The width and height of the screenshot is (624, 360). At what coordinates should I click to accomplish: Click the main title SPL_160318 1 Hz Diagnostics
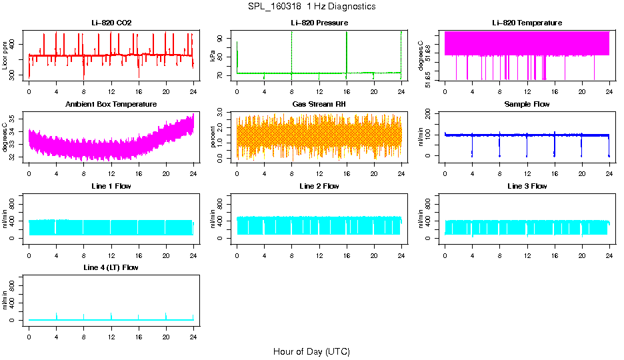tap(311, 7)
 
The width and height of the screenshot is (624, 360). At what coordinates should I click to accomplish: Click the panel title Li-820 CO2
tap(111, 23)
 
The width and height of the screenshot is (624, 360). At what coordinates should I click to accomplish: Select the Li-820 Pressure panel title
tap(319, 23)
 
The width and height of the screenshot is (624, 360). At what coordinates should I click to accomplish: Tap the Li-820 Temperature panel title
tap(527, 23)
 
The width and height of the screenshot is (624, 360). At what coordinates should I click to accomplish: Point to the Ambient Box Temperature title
tap(111, 105)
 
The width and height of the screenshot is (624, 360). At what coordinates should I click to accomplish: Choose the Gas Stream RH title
tap(319, 105)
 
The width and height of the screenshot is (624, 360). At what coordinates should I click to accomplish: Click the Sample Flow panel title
tap(527, 105)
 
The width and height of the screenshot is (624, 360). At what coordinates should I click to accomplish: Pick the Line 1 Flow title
tap(111, 186)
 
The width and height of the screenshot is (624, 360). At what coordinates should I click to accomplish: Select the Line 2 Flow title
tap(319, 186)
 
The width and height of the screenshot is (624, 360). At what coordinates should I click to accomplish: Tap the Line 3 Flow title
tap(527, 186)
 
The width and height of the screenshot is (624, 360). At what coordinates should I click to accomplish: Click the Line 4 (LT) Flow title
tap(111, 267)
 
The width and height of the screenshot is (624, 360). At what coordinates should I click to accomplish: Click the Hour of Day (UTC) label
tap(311, 351)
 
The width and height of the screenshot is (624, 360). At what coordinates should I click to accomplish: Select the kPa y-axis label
tap(213, 56)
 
